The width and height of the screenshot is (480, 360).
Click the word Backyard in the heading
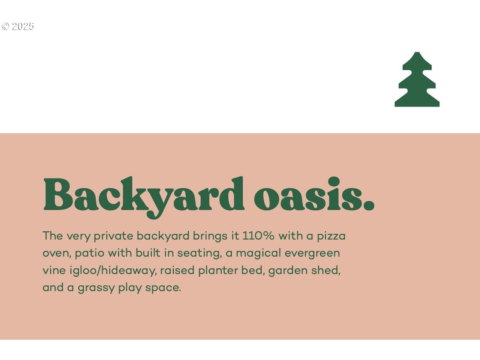[x=144, y=197]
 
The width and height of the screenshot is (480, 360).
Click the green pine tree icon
[x=417, y=79]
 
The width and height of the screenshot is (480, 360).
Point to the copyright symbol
[x=5, y=27]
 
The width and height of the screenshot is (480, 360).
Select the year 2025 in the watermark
[x=23, y=27]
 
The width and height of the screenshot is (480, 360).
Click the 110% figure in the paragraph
[x=258, y=236]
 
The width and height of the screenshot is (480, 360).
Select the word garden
[x=288, y=271]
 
